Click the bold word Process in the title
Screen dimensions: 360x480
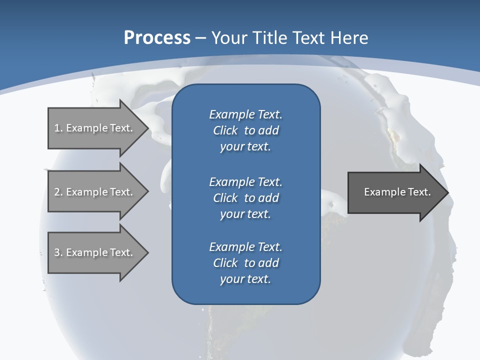tap(157, 37)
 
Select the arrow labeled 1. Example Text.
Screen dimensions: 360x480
tap(95, 128)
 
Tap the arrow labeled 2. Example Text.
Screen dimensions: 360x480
tap(95, 192)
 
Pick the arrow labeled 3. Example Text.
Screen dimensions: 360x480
tap(95, 252)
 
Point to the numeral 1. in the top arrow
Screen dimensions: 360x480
tap(58, 128)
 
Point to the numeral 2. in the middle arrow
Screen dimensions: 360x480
tap(58, 192)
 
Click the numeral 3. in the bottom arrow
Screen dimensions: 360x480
tap(58, 252)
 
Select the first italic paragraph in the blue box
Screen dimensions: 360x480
tap(245, 130)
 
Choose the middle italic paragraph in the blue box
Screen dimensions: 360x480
tap(245, 197)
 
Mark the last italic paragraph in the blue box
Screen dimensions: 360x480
tap(245, 263)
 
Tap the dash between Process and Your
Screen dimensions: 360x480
tap(201, 38)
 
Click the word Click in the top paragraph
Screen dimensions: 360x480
tap(225, 130)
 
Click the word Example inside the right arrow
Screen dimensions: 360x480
tap(382, 192)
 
